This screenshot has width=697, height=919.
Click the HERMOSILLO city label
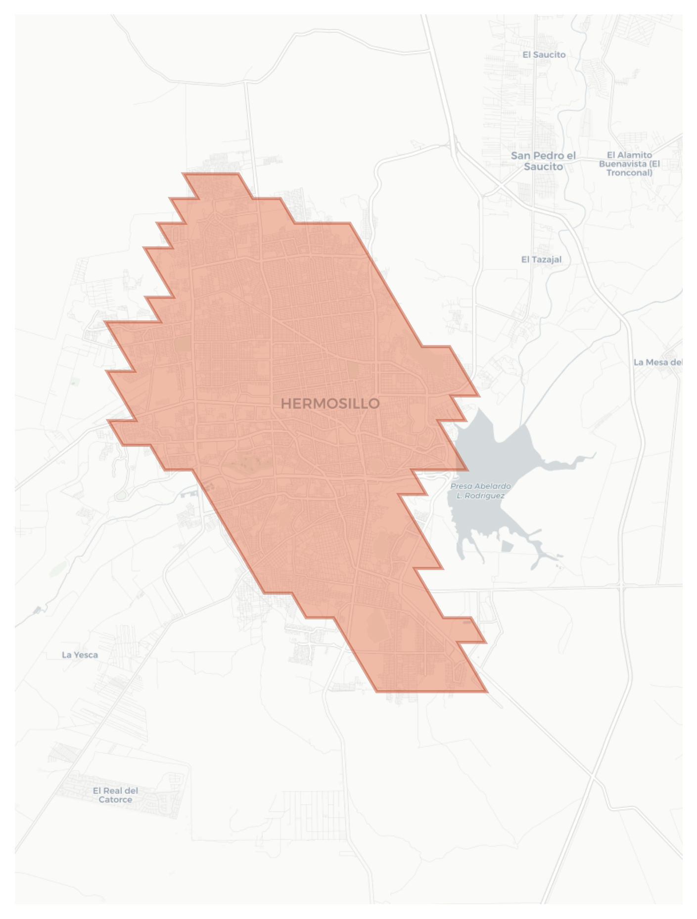click(x=330, y=403)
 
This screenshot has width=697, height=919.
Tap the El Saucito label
click(x=544, y=54)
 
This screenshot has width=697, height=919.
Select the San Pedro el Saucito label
click(x=543, y=161)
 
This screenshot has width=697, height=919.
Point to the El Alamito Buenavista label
click(x=629, y=164)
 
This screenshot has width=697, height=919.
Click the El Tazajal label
click(x=541, y=259)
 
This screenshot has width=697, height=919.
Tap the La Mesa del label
click(x=657, y=362)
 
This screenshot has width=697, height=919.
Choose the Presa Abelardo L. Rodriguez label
click(x=480, y=491)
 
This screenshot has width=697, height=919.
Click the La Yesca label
click(x=80, y=655)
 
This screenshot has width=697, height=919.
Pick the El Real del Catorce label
click(x=115, y=795)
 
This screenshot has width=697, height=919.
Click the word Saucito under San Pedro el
click(x=543, y=167)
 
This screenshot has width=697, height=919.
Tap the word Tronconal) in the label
click(x=629, y=173)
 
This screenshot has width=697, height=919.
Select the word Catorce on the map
click(x=115, y=800)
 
